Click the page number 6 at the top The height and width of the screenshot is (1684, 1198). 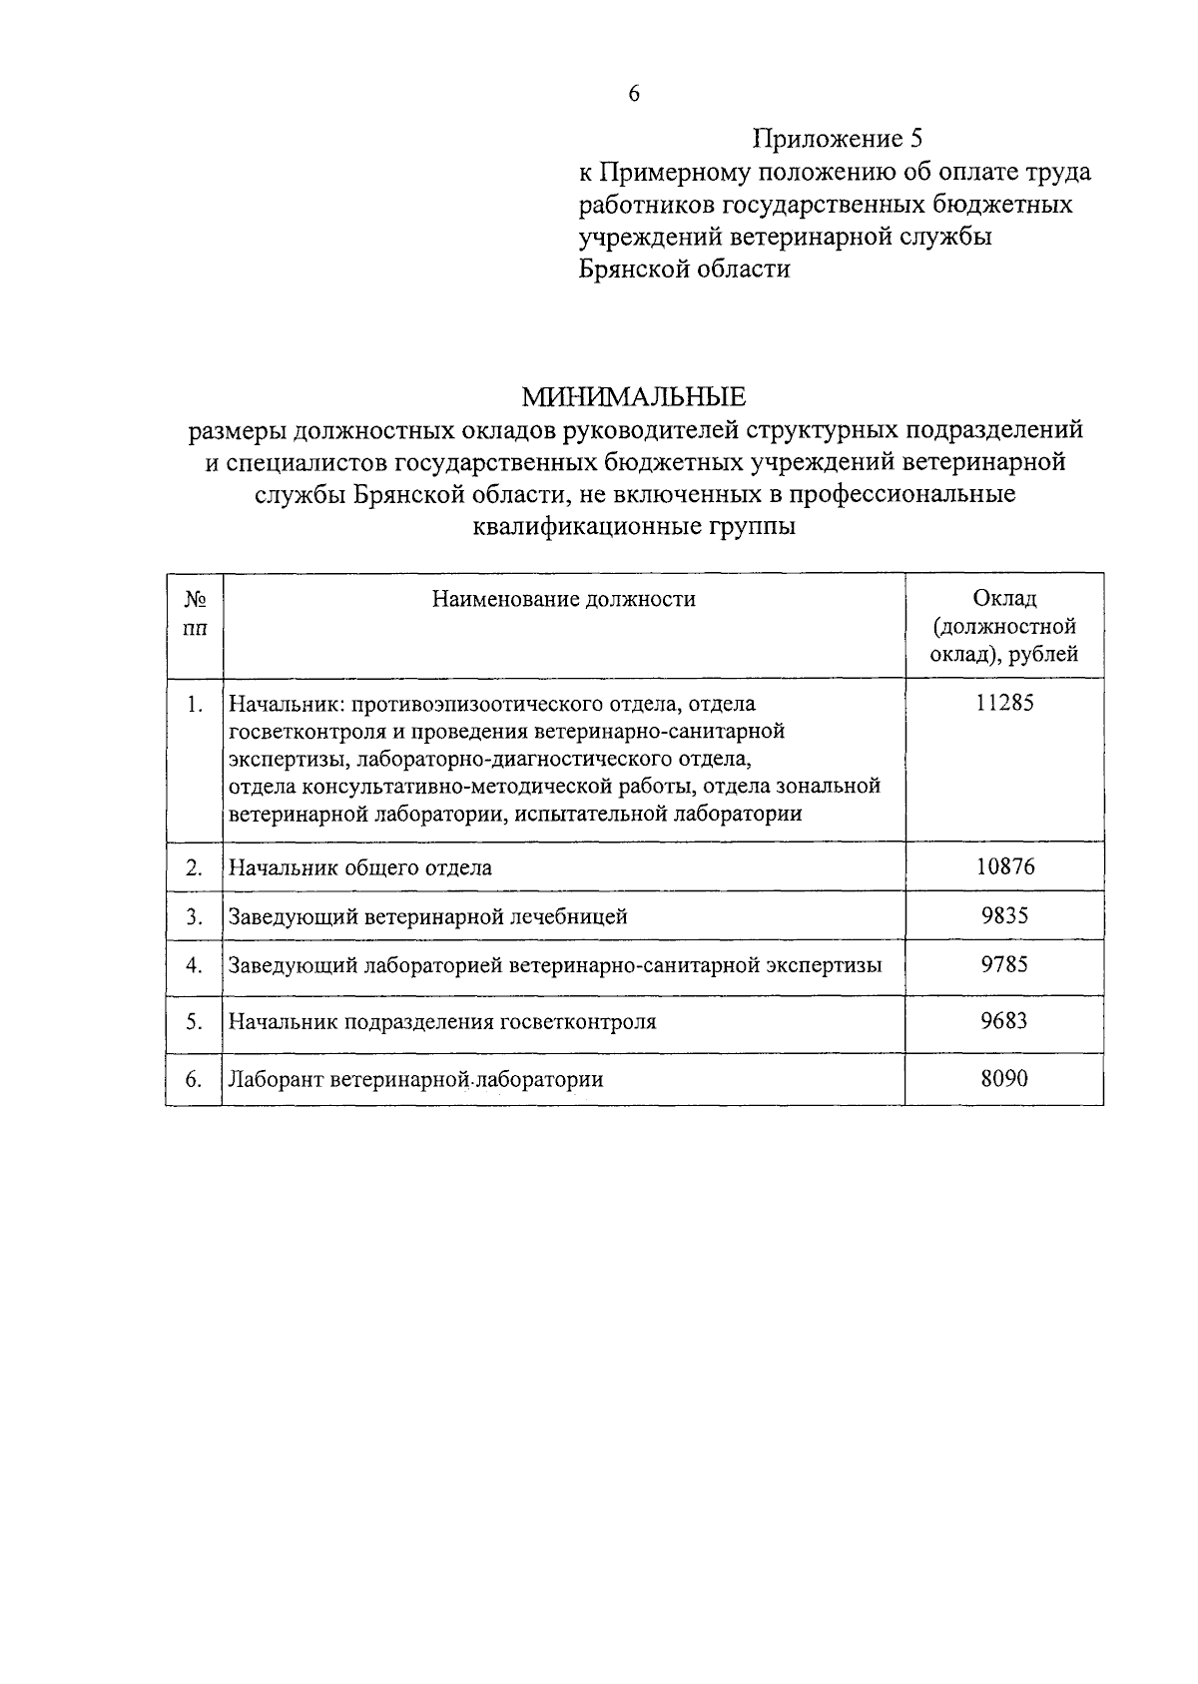click(x=633, y=94)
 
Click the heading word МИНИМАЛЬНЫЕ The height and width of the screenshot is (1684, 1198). click(x=634, y=397)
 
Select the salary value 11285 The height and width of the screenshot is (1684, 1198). click(x=1004, y=703)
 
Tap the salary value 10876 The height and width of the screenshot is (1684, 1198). click(x=1004, y=866)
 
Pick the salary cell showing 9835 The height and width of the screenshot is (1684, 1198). click(x=1004, y=915)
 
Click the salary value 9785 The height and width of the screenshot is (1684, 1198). click(x=1004, y=965)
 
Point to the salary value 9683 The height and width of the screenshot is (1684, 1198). click(x=1004, y=1021)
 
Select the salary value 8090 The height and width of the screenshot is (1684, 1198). click(x=1004, y=1079)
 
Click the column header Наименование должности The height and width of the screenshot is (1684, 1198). click(x=563, y=599)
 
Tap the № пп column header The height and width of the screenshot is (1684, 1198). click(x=196, y=613)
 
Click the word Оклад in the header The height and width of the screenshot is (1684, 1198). click(x=1004, y=598)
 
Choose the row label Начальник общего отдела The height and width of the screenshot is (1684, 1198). click(x=360, y=867)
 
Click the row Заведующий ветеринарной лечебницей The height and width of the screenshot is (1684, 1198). click(x=428, y=916)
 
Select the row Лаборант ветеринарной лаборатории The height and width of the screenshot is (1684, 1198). click(x=416, y=1080)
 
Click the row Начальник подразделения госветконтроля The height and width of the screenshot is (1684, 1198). click(x=442, y=1022)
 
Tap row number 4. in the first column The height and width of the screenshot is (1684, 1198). click(x=195, y=965)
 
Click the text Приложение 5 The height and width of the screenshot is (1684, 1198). click(x=837, y=138)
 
